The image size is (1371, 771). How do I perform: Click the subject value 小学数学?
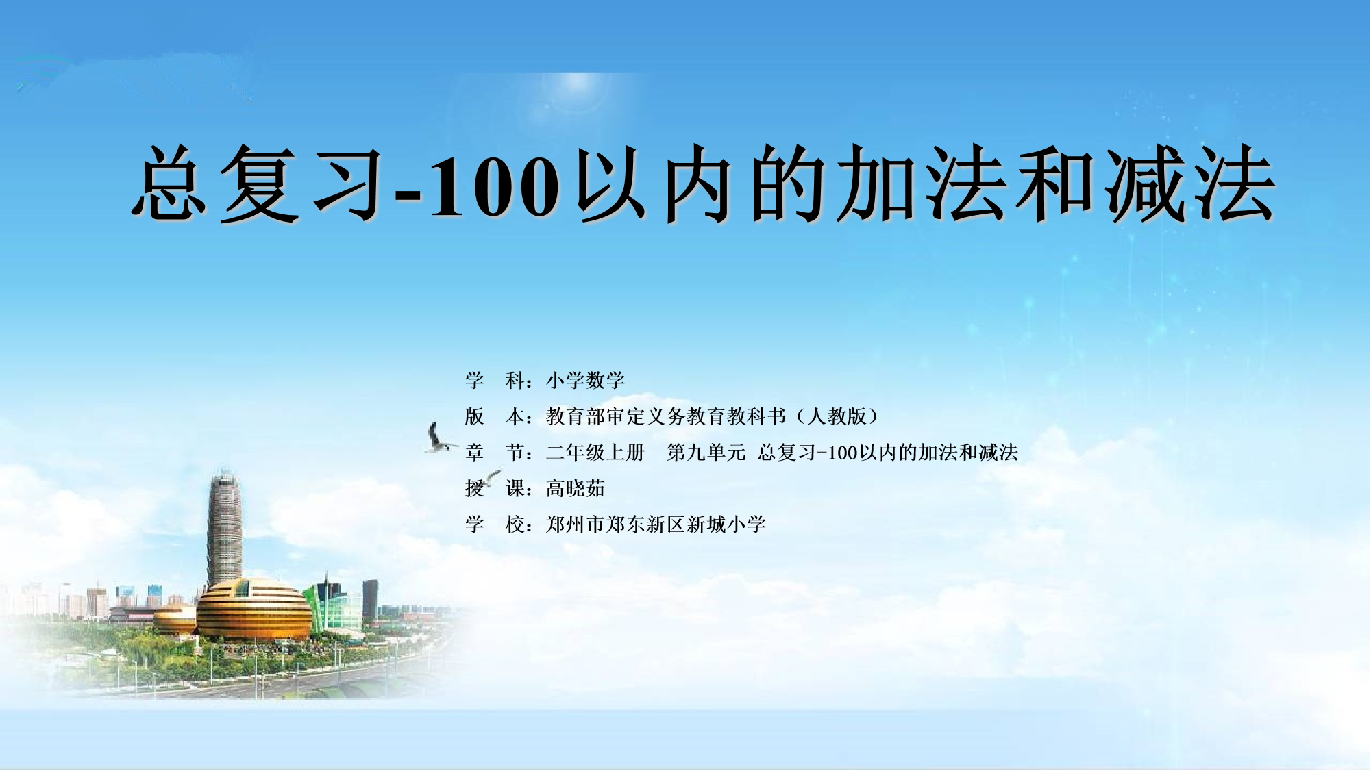pyautogui.click(x=585, y=380)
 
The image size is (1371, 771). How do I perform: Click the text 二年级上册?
pyautogui.click(x=595, y=453)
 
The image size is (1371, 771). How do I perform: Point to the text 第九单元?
pyautogui.click(x=706, y=453)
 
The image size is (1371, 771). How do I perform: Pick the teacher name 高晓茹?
pyautogui.click(x=576, y=489)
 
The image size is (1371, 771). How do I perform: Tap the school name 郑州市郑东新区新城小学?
pyautogui.click(x=656, y=524)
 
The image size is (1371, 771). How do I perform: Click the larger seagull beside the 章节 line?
pyautogui.click(x=439, y=438)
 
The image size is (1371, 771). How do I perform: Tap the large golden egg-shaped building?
pyautogui.click(x=254, y=609)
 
